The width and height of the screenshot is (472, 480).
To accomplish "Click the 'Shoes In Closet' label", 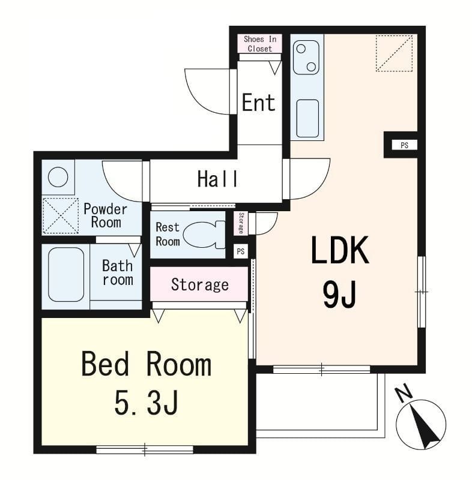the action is pos(260,44).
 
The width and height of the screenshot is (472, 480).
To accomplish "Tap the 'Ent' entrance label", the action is pos(258,103).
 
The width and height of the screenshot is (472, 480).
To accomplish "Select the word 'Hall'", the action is pos(217,179).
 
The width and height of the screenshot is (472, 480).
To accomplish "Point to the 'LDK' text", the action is pos(340,250).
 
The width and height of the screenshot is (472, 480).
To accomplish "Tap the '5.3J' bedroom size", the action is pos(146,403).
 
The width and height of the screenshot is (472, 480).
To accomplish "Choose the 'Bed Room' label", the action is pos(146,364).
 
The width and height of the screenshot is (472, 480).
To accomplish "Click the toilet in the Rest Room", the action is pos(204,234).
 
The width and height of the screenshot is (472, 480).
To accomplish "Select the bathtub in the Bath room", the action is pos(66,275).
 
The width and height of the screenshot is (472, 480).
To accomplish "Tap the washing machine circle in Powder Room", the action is pos(58,177).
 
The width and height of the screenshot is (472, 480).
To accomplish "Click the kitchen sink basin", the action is pos(307,118).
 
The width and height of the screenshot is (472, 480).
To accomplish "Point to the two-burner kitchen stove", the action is pos(306,58).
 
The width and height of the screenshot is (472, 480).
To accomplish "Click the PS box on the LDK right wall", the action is pos(404,145).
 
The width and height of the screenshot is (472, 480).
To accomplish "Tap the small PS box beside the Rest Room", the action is pos(241,251).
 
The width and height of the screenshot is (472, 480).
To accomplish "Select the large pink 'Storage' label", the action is pos(200,284).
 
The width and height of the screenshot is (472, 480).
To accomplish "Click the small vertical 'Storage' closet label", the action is pos(241,223).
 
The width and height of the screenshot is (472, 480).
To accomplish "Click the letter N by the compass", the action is pos(404,394).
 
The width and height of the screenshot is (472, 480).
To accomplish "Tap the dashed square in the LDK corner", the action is pos(394,53).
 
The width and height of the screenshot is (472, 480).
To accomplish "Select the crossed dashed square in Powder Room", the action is pos(61,215).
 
